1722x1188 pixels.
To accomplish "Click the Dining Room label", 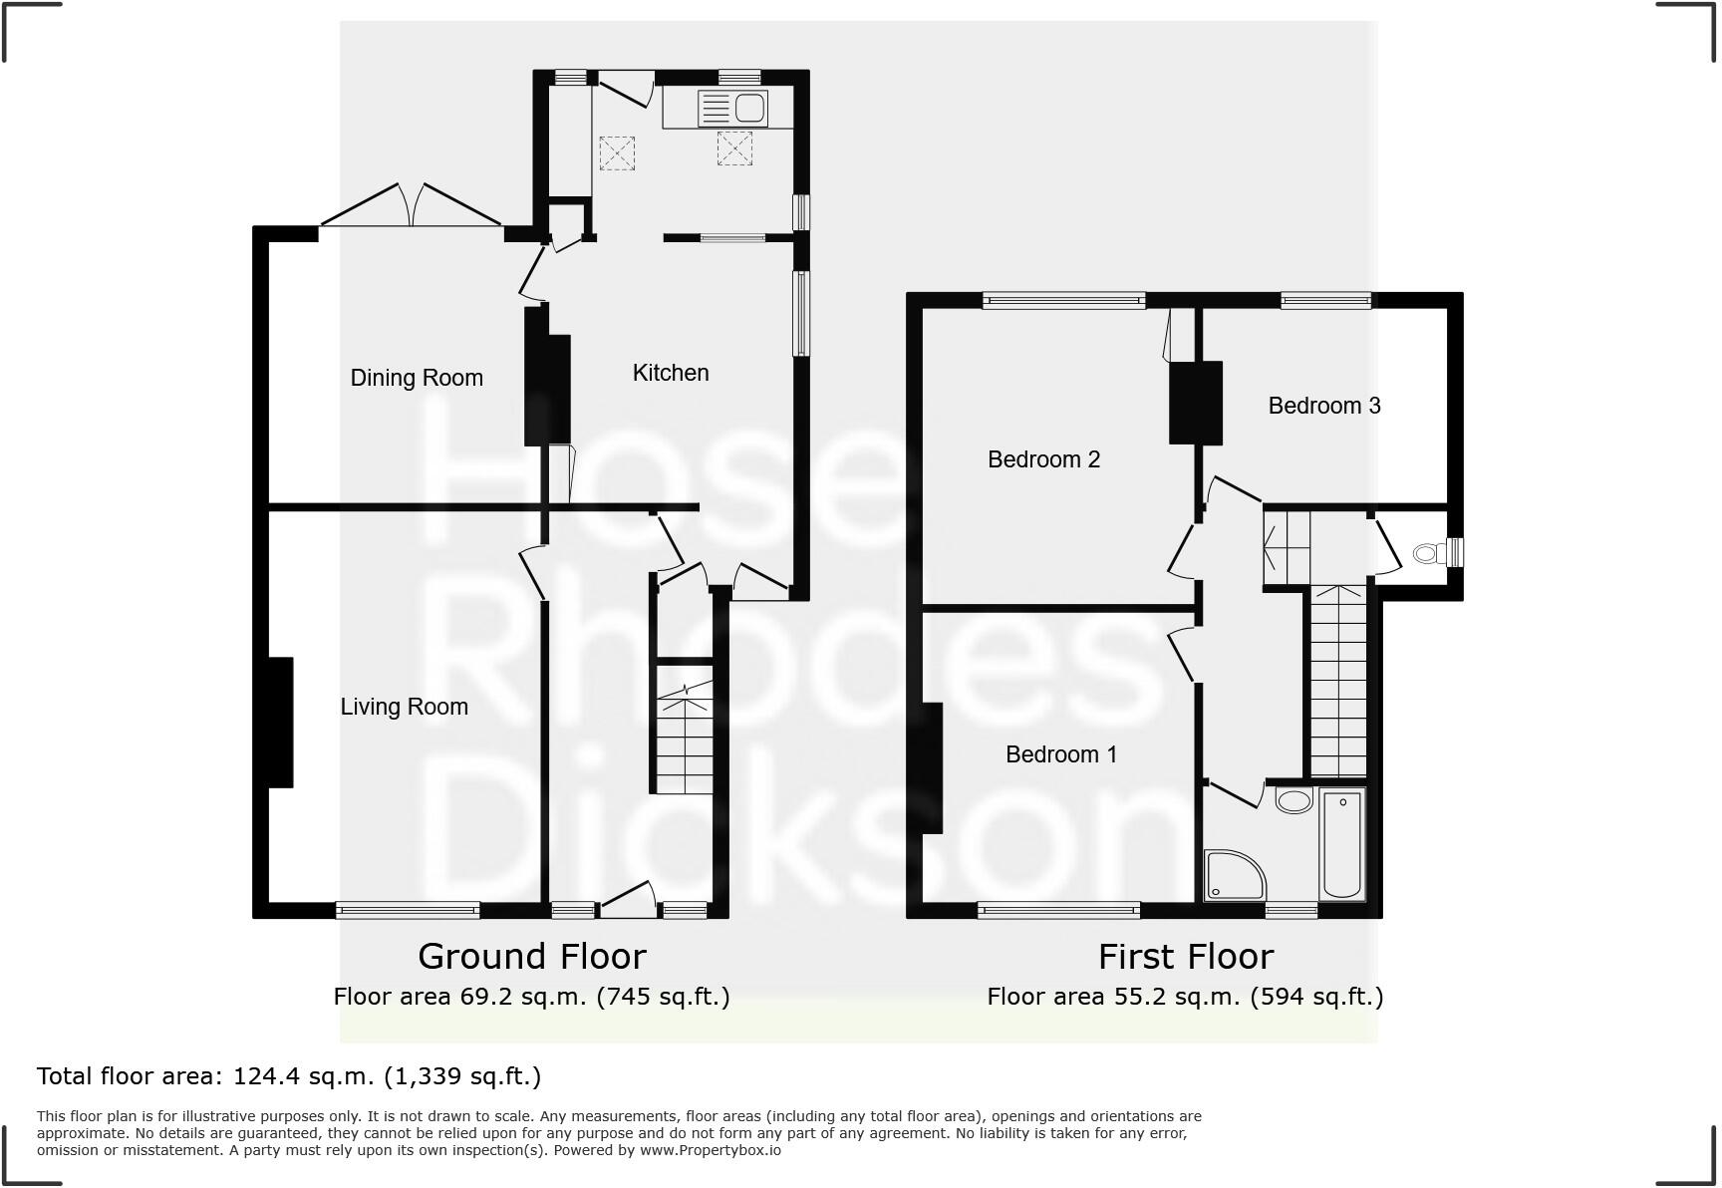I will point(417,378).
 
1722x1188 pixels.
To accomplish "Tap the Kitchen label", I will point(671,373).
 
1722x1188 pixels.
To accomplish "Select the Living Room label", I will point(404,707).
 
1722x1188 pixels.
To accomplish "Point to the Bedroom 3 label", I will point(1323,406).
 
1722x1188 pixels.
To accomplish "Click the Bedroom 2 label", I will point(1043,459).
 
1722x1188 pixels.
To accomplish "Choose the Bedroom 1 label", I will point(1060,754).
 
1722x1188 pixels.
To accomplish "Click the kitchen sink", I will point(732,109).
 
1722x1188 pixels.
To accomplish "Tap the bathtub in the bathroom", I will point(1341,843).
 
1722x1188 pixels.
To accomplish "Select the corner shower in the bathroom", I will point(1232,875).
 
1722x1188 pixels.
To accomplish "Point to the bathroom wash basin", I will point(1293,799).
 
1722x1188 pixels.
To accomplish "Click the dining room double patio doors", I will point(411,207).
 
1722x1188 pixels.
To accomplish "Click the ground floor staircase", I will point(684,742).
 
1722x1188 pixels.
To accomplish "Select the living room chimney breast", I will point(280,723).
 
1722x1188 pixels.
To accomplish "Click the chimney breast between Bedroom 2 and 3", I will point(1195,403).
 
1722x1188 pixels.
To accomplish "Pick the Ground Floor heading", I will point(531,957).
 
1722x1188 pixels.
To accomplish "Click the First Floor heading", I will point(1185,957).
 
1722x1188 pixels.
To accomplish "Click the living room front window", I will point(408,909).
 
